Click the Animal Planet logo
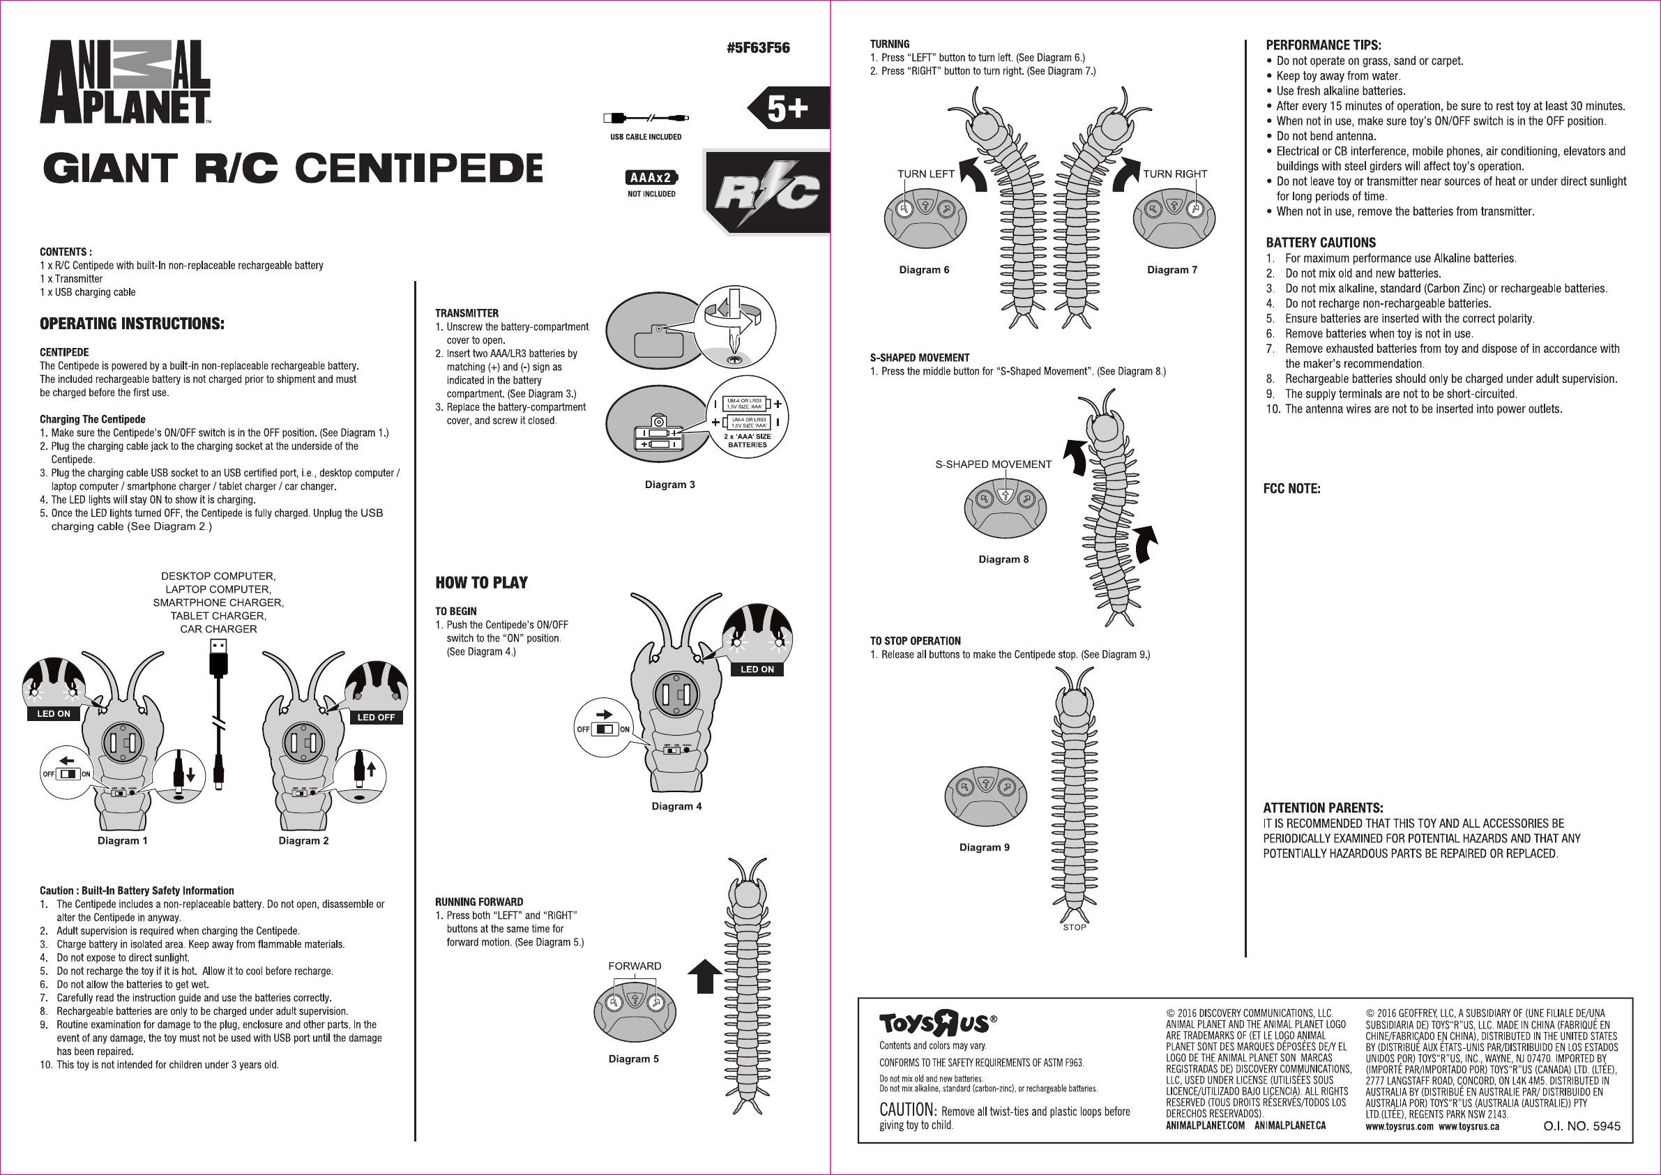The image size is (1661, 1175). [x=125, y=82]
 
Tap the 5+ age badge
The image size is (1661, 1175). [x=787, y=109]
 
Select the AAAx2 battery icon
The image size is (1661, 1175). [x=651, y=177]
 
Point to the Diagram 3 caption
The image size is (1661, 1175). [x=670, y=485]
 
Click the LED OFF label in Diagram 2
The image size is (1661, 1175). [x=375, y=717]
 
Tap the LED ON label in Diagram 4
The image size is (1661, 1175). [x=757, y=669]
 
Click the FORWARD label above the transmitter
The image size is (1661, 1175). [x=635, y=966]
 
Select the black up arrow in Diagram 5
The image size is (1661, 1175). [x=704, y=976]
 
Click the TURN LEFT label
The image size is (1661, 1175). [x=925, y=174]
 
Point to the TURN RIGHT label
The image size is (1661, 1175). [x=1175, y=174]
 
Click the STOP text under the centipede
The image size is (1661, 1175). [x=1075, y=927]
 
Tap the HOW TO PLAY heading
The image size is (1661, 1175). [x=481, y=582]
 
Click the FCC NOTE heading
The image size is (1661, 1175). [x=1291, y=488]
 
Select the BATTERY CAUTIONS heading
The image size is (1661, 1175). [x=1320, y=243]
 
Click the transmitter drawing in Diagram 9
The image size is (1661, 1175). [x=985, y=796]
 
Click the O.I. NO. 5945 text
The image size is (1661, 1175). [x=1582, y=1126]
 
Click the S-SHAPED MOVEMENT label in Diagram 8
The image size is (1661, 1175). [x=992, y=464]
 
